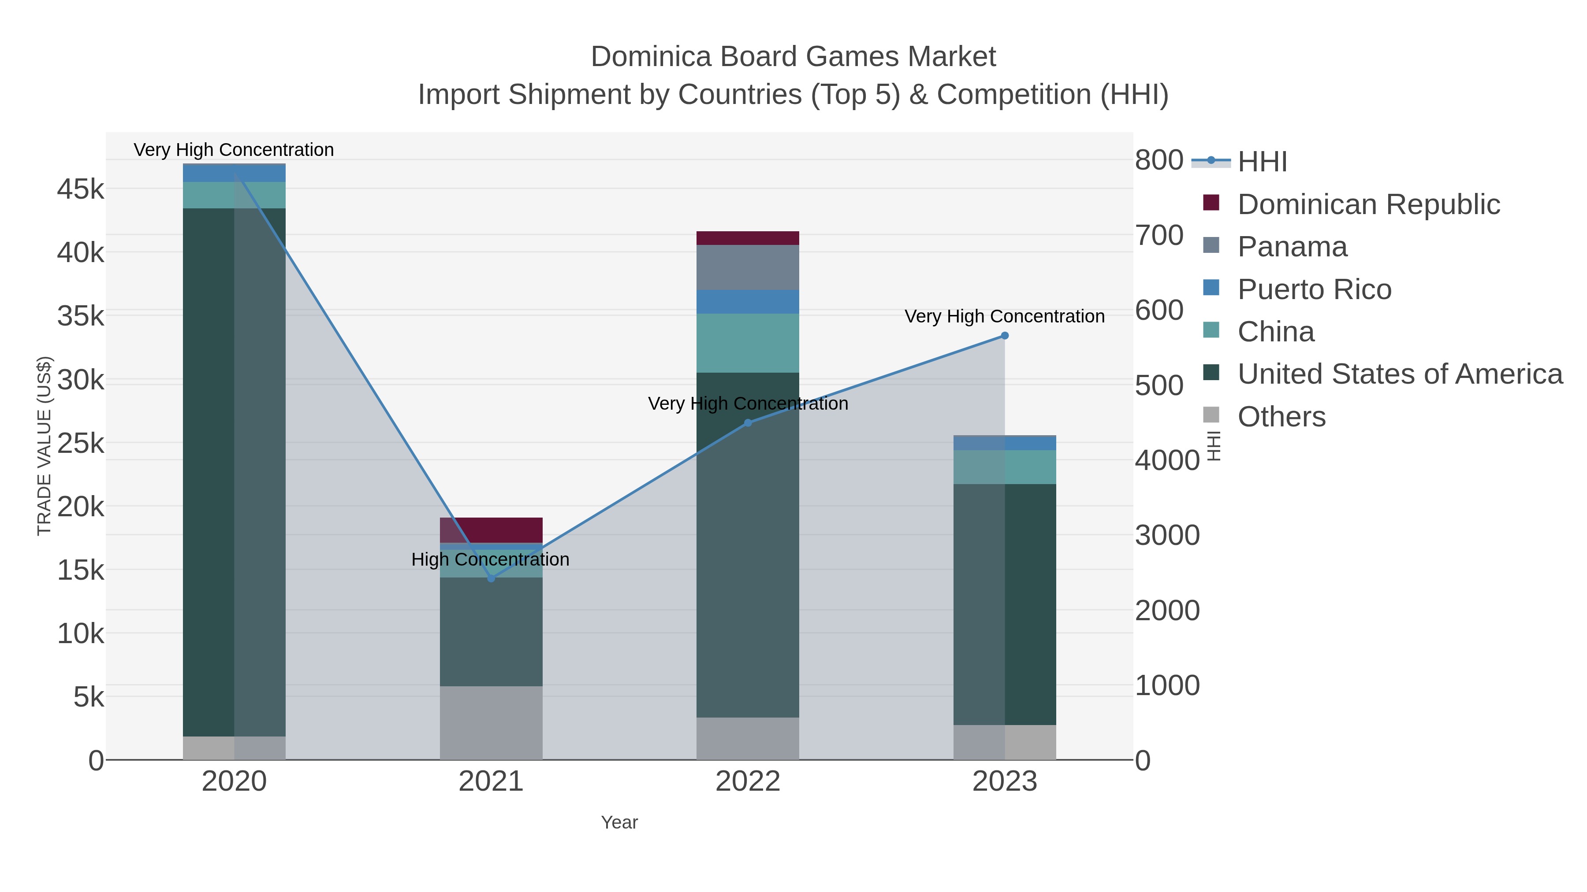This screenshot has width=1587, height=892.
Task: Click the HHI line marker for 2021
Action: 491,579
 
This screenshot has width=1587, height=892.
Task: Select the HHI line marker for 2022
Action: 748,423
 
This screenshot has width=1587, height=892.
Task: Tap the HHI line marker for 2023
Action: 1005,336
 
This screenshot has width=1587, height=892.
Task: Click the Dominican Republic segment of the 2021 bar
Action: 491,530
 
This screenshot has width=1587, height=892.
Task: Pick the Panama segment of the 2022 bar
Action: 748,267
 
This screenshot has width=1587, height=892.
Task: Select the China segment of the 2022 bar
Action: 748,343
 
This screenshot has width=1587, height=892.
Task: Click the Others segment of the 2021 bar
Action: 491,723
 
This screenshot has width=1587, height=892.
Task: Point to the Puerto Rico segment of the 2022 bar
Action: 748,302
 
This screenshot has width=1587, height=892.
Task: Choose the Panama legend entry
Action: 1292,247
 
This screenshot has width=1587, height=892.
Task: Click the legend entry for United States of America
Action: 1400,374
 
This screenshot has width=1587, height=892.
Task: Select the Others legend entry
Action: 1282,417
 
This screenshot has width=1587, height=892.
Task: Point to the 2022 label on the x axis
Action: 748,782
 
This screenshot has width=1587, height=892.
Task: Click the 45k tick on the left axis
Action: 81,189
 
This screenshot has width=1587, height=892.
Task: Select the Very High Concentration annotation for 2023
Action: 1004,316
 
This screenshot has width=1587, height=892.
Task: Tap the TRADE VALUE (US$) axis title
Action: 45,446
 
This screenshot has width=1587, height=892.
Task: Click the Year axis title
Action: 619,822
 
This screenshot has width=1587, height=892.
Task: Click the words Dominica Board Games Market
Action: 793,57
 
